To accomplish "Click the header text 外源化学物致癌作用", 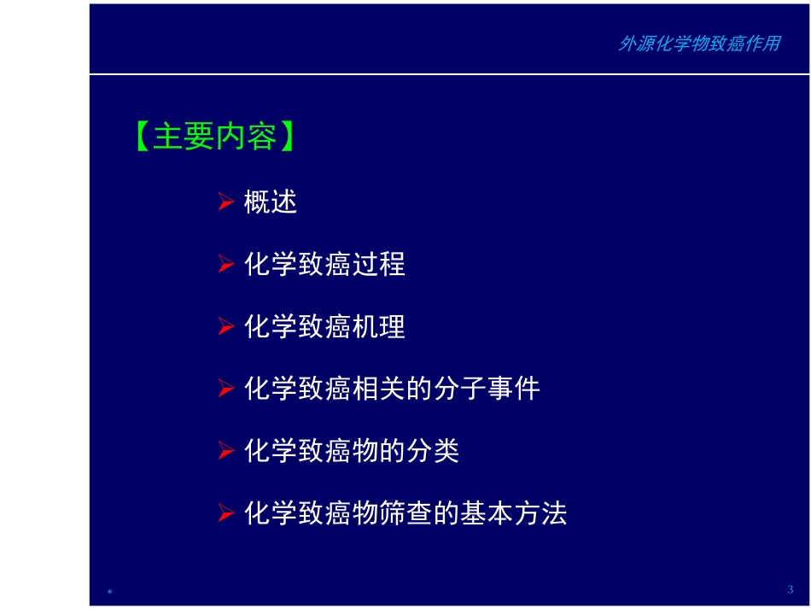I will pos(698,44).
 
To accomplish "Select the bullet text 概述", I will pos(271,202).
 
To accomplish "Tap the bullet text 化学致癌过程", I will pos(324,265).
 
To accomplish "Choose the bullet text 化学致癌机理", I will pos(324,327).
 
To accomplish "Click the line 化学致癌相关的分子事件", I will pos(392,389).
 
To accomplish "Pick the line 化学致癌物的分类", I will pos(352,451).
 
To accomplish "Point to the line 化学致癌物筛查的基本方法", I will pos(405,513).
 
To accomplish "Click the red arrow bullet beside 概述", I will pos(225,202).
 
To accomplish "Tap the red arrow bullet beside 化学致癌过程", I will pos(225,265).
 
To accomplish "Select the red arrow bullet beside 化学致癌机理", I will pos(225,327).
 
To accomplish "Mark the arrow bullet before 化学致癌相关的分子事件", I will pos(225,389).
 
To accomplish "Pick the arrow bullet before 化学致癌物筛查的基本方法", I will pos(225,513).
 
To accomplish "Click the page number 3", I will pos(790,589).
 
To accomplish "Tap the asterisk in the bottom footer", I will pos(110,592).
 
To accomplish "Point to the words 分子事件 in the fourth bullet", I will pos(487,389).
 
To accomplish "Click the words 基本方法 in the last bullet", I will pos(514,513).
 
